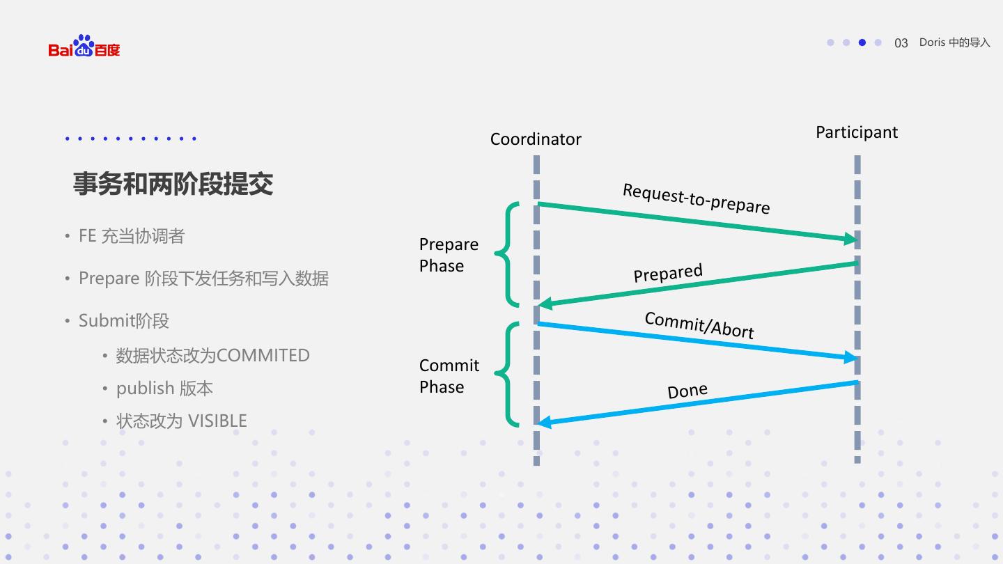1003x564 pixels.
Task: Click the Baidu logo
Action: (84, 47)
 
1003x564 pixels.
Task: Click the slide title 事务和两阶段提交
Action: (173, 184)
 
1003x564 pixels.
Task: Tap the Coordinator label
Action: (536, 139)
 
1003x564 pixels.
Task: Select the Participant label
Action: (857, 132)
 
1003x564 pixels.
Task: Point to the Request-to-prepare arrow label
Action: (696, 198)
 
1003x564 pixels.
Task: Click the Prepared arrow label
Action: (668, 273)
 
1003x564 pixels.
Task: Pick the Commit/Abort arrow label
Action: (699, 324)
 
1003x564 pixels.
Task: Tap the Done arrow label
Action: (687, 391)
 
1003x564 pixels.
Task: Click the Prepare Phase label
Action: (449, 255)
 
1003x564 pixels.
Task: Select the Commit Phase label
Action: (449, 376)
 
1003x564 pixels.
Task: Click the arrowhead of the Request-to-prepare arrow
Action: (851, 239)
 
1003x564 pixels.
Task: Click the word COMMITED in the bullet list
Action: (263, 355)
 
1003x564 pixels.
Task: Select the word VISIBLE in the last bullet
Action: (217, 421)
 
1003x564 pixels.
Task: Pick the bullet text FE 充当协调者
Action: (132, 236)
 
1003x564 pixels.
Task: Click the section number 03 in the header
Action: (901, 43)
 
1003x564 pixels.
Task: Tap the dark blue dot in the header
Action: (862, 42)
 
